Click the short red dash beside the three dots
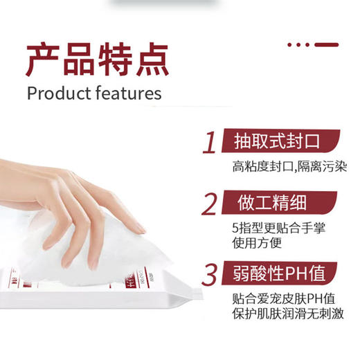pos(326,44)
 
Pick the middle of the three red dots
pos(299,44)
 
